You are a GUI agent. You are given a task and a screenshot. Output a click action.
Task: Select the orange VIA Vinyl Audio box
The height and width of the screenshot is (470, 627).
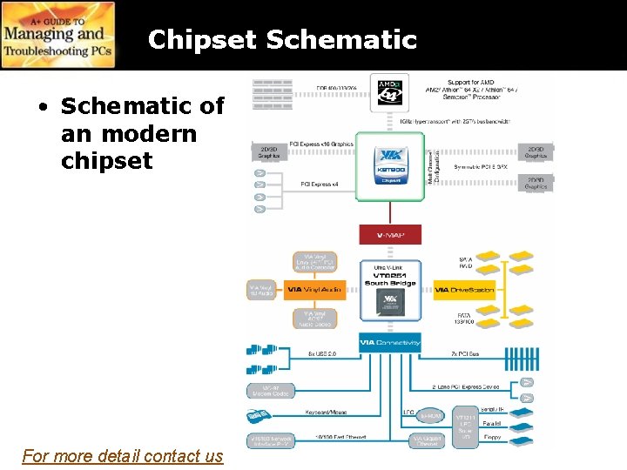coord(314,289)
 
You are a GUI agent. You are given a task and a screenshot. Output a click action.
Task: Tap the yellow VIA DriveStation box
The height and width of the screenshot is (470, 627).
coord(464,289)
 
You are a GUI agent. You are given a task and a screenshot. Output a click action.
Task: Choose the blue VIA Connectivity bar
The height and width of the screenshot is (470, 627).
coord(390,342)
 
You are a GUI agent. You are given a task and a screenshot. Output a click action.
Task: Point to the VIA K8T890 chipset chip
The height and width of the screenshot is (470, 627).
coord(390,164)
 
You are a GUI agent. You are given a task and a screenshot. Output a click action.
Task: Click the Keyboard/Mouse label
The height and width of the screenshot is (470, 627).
coord(327,413)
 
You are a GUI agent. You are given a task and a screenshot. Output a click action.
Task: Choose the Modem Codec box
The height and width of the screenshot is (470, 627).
coord(270,391)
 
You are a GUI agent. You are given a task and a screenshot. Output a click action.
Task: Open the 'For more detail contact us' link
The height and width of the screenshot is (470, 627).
coord(123,455)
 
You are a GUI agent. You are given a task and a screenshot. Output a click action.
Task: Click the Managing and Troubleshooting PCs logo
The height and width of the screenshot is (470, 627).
coord(57,36)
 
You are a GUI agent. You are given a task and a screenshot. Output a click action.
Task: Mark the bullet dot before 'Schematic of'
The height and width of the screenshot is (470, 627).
coord(42,107)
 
